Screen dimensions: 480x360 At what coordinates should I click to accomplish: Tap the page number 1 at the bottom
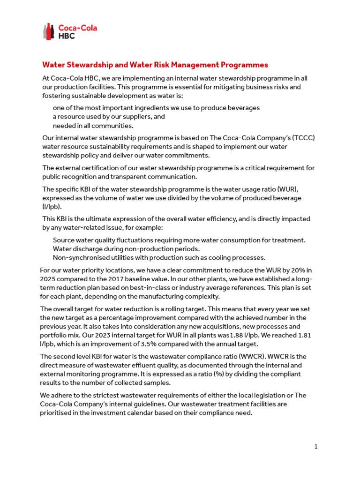[316, 447]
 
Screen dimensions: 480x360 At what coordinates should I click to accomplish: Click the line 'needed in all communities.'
[93, 125]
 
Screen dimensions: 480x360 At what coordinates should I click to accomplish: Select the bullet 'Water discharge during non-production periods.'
[126, 249]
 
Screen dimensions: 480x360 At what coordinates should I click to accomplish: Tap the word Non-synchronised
[81, 257]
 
